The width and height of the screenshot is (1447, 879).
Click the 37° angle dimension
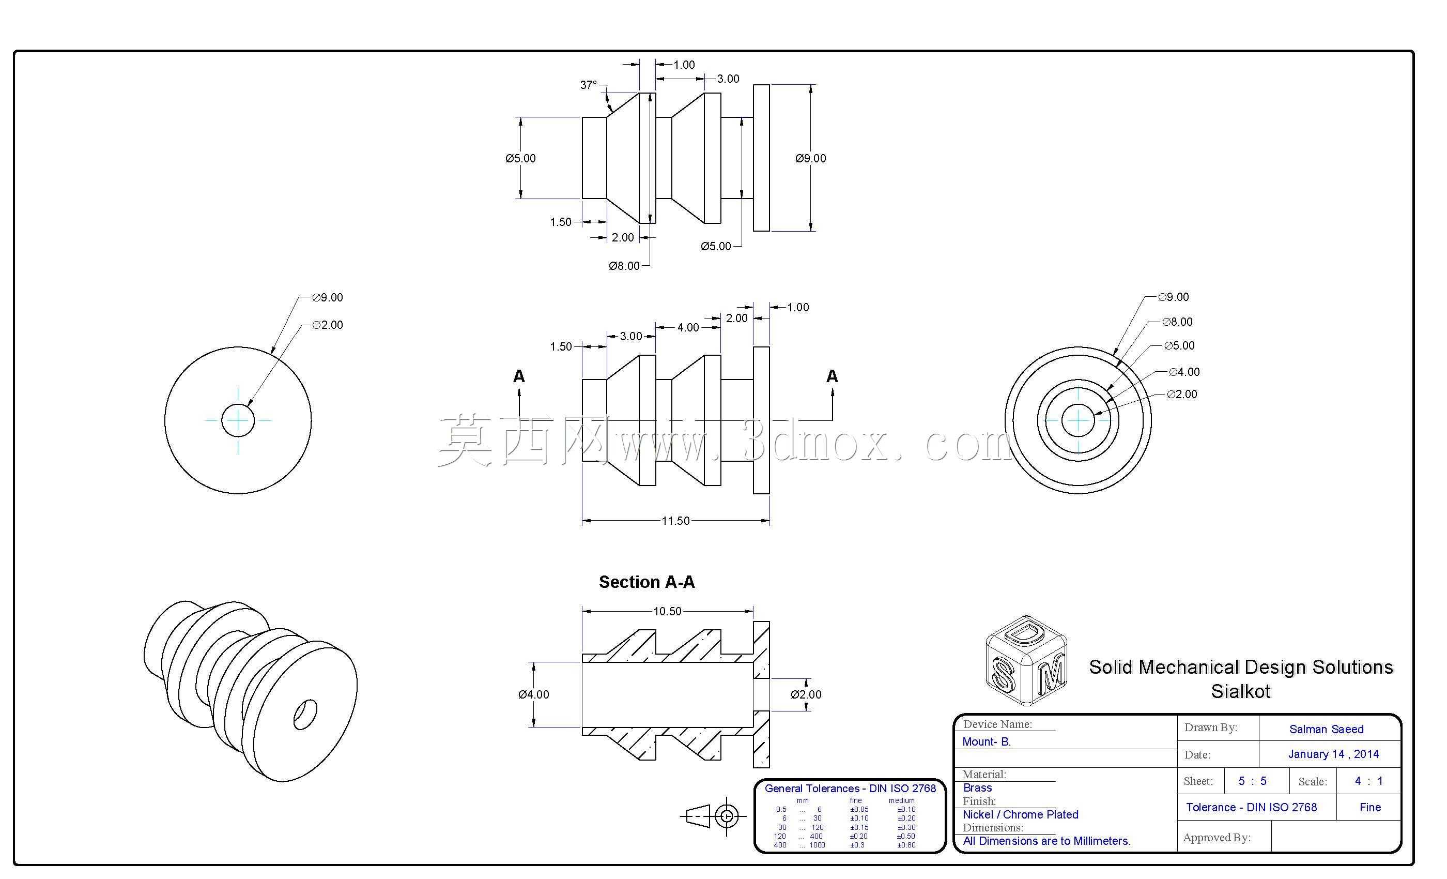click(x=589, y=85)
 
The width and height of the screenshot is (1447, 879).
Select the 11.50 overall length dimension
click(x=675, y=521)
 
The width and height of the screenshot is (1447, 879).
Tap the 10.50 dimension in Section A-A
click(x=667, y=611)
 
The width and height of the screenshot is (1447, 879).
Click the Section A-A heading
click(x=646, y=582)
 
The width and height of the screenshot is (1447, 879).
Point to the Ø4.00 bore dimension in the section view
click(x=533, y=694)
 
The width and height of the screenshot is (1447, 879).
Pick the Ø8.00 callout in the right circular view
click(x=1177, y=322)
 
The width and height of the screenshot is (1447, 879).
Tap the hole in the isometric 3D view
click(x=305, y=714)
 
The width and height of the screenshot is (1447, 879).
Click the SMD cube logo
click(x=1025, y=660)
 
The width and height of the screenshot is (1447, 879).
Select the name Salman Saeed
click(x=1326, y=729)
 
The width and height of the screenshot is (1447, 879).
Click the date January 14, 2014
click(x=1333, y=754)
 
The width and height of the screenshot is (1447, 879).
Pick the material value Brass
click(x=977, y=788)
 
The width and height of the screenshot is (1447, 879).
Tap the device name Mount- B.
click(x=987, y=741)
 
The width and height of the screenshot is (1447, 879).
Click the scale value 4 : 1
click(x=1368, y=781)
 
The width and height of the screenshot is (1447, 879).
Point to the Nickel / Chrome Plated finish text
click(x=1021, y=814)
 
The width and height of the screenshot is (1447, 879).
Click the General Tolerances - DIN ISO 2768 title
click(x=850, y=789)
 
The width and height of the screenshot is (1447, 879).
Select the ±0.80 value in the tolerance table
click(x=906, y=845)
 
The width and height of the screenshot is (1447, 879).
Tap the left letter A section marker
click(x=518, y=376)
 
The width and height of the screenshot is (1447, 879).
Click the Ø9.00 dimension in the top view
click(x=810, y=158)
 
